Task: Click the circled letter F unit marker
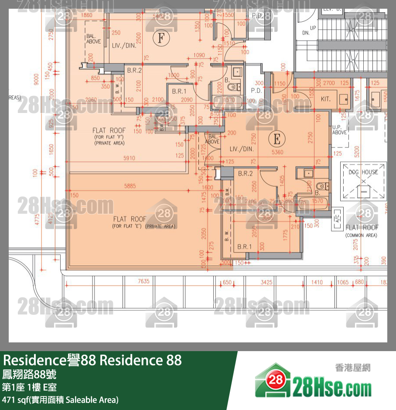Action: [x=161, y=38]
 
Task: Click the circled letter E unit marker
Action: [x=276, y=139]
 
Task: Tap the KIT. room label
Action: [x=325, y=99]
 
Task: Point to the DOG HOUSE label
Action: [x=363, y=172]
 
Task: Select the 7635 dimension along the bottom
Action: [x=143, y=282]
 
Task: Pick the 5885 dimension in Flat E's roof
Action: [x=130, y=186]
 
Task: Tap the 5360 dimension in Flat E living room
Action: [x=277, y=153]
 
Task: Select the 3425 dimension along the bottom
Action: [x=266, y=282]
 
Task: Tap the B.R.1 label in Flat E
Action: [x=245, y=247]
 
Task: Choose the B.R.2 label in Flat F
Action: [x=134, y=70]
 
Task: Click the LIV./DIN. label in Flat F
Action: [x=124, y=45]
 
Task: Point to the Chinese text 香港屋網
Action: [x=352, y=368]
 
